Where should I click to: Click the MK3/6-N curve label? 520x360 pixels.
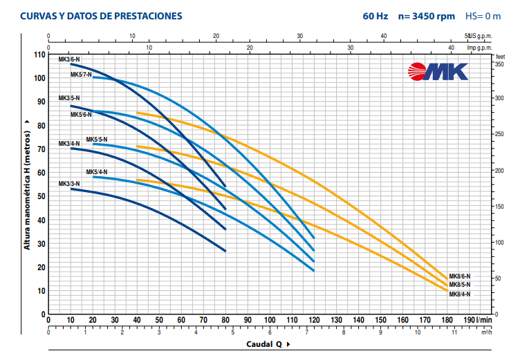(x=69, y=59)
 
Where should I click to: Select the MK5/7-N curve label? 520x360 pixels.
(x=81, y=74)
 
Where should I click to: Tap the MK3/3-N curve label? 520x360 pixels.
(x=69, y=183)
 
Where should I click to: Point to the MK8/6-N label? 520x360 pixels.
(x=460, y=276)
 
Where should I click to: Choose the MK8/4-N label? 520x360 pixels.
(x=460, y=294)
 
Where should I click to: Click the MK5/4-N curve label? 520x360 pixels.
(x=97, y=171)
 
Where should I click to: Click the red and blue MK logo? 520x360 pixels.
(x=438, y=71)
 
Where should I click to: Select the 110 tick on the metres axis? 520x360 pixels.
(x=39, y=55)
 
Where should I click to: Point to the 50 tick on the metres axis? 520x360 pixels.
(x=41, y=196)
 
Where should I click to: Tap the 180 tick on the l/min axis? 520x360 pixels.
(x=447, y=320)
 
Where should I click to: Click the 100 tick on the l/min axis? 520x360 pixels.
(x=270, y=320)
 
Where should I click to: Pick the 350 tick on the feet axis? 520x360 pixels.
(x=499, y=63)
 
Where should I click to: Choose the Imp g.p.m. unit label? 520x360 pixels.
(x=480, y=47)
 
